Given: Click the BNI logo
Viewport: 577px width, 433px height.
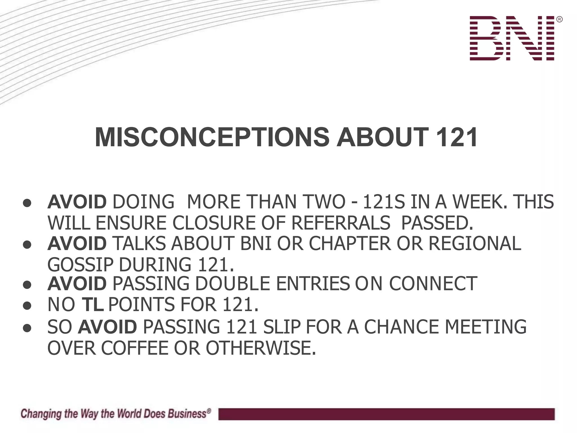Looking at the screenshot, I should point(512,38).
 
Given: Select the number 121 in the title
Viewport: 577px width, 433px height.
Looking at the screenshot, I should point(456,138).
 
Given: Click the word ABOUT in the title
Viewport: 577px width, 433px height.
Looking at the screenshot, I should point(383,138).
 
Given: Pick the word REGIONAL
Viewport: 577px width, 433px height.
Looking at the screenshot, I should point(475,243).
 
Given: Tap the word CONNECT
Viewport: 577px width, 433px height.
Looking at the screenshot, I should point(433,284).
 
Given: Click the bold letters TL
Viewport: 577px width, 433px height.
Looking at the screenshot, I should point(92,304).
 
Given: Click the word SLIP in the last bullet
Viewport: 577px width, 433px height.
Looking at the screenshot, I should point(282,327).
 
